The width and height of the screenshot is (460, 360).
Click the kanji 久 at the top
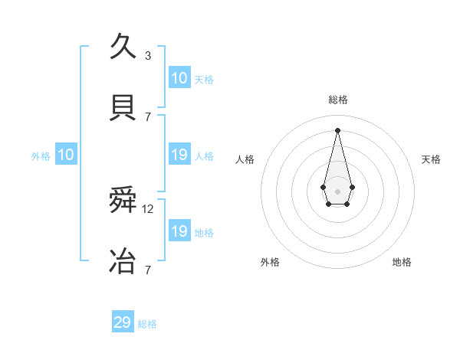123,47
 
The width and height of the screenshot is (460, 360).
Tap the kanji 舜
123,201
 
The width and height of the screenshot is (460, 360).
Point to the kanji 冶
123,261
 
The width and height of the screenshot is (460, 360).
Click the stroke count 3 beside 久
148,55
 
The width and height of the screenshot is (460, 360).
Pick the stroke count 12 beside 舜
149,209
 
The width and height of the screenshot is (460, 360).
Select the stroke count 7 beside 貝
148,116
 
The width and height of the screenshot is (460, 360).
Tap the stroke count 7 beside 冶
148,270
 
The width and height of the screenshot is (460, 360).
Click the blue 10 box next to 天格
179,78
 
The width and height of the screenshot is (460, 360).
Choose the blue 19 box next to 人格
179,155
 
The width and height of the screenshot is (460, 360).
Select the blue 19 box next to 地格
179,231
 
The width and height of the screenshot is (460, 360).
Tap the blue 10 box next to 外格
66,155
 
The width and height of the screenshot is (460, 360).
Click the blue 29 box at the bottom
123,322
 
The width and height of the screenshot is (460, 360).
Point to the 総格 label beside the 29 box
147,324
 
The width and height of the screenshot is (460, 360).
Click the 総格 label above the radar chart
337,100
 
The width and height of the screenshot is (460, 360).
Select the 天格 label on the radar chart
432,159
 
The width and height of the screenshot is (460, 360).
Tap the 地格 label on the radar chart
402,263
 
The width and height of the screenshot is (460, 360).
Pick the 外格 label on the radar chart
270,263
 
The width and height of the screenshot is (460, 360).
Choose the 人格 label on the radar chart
245,159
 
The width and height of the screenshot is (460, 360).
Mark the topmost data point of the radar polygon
337,129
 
